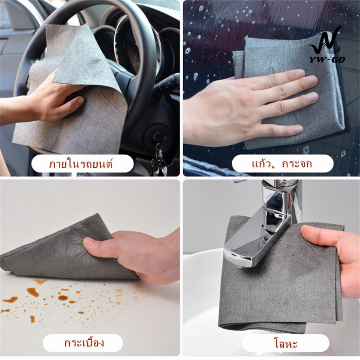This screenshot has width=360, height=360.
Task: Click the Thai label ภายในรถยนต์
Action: [81, 164]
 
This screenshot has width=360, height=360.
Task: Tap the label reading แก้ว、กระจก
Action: [282, 164]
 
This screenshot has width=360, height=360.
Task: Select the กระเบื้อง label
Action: [84, 343]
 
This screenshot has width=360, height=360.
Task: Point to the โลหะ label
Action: [286, 343]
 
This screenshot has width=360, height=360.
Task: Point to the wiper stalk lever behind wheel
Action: [166, 85]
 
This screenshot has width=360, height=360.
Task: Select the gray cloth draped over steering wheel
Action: [73, 92]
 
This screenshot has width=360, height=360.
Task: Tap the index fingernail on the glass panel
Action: [312, 81]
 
